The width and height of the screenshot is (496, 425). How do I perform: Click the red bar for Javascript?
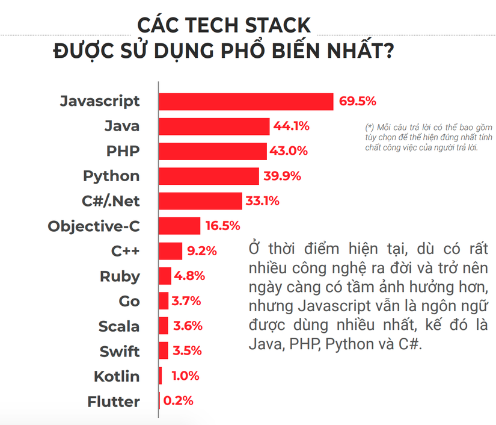click(246, 102)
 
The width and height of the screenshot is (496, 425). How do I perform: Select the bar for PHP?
click(213, 151)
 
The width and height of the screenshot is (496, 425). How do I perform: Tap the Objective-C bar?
click(180, 226)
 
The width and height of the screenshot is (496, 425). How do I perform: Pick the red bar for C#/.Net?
click(201, 201)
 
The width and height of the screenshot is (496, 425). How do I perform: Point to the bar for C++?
click(171, 251)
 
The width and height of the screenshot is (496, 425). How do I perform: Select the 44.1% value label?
click(291, 126)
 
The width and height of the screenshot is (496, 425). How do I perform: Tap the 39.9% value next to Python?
click(282, 176)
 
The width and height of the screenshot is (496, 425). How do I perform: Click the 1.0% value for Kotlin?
click(185, 376)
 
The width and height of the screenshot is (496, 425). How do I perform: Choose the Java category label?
click(121, 126)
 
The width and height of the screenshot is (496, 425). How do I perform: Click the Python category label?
click(111, 176)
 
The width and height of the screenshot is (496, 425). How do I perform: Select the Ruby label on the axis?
click(120, 276)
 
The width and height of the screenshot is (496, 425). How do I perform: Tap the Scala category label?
click(119, 326)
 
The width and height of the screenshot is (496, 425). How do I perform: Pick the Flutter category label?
click(114, 402)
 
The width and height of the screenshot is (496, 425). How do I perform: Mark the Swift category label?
click(120, 352)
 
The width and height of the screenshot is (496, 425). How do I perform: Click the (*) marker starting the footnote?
click(370, 128)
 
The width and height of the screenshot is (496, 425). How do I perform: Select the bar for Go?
click(164, 301)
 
